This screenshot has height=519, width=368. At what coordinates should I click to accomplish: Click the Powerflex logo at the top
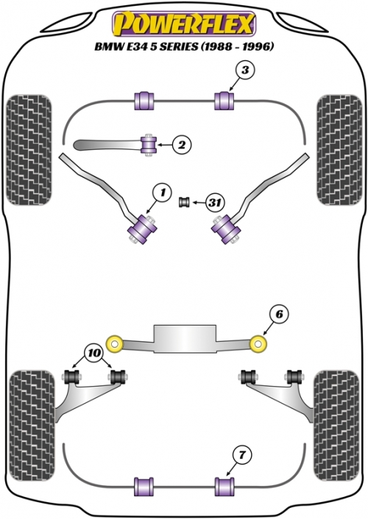pyautogui.click(x=184, y=24)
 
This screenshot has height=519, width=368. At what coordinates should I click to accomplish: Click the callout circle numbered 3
pyautogui.click(x=245, y=71)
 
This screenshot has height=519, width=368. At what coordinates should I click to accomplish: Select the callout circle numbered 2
pyautogui.click(x=182, y=145)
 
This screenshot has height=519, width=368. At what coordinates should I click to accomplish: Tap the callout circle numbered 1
pyautogui.click(x=163, y=193)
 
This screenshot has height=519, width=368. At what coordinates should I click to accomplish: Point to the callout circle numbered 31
pyautogui.click(x=215, y=202)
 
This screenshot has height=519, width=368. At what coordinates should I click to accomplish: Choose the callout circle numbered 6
pyautogui.click(x=279, y=314)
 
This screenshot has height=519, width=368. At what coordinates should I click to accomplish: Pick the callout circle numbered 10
pyautogui.click(x=94, y=354)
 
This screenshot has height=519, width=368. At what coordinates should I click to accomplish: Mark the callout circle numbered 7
pyautogui.click(x=242, y=456)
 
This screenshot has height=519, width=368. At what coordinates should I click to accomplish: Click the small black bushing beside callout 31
pyautogui.click(x=184, y=202)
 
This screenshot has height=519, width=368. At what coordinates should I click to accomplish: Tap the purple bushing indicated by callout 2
pyautogui.click(x=149, y=145)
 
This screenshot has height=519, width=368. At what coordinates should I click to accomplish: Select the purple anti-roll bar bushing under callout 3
pyautogui.click(x=224, y=101)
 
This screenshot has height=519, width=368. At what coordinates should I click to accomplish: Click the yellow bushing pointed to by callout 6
pyautogui.click(x=258, y=343)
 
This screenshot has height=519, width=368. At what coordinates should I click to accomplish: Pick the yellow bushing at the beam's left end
pyautogui.click(x=115, y=343)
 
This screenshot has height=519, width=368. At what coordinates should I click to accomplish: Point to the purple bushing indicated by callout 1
pyautogui.click(x=143, y=229)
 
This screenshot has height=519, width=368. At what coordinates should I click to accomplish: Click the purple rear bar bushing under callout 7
pyautogui.click(x=224, y=487)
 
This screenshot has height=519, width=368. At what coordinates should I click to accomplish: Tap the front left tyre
pyautogui.click(x=29, y=150)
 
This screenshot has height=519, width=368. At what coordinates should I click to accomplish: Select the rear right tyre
pyautogui.click(x=336, y=426)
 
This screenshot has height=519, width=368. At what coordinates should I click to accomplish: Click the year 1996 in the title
pyautogui.click(x=258, y=46)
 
